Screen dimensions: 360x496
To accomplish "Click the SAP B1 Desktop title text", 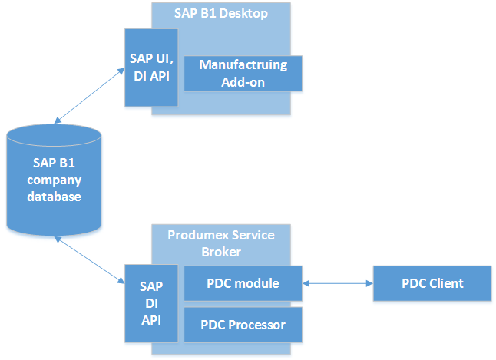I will (221, 13).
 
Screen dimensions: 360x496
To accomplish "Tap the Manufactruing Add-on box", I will (243, 73).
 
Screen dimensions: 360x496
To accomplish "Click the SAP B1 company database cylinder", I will (54, 180).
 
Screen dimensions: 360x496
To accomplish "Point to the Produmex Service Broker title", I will (221, 242).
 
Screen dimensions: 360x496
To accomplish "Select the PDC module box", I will (243, 283).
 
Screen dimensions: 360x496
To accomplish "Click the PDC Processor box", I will (243, 325).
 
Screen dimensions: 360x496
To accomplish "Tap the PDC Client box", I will (432, 283).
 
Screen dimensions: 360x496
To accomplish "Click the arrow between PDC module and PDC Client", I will (338, 283).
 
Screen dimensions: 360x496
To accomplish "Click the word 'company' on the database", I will (54, 180).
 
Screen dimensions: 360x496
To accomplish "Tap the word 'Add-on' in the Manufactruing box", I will (243, 81).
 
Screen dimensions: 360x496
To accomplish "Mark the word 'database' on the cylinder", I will (54, 197).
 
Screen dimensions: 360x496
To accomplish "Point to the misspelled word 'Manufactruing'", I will (243, 65).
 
